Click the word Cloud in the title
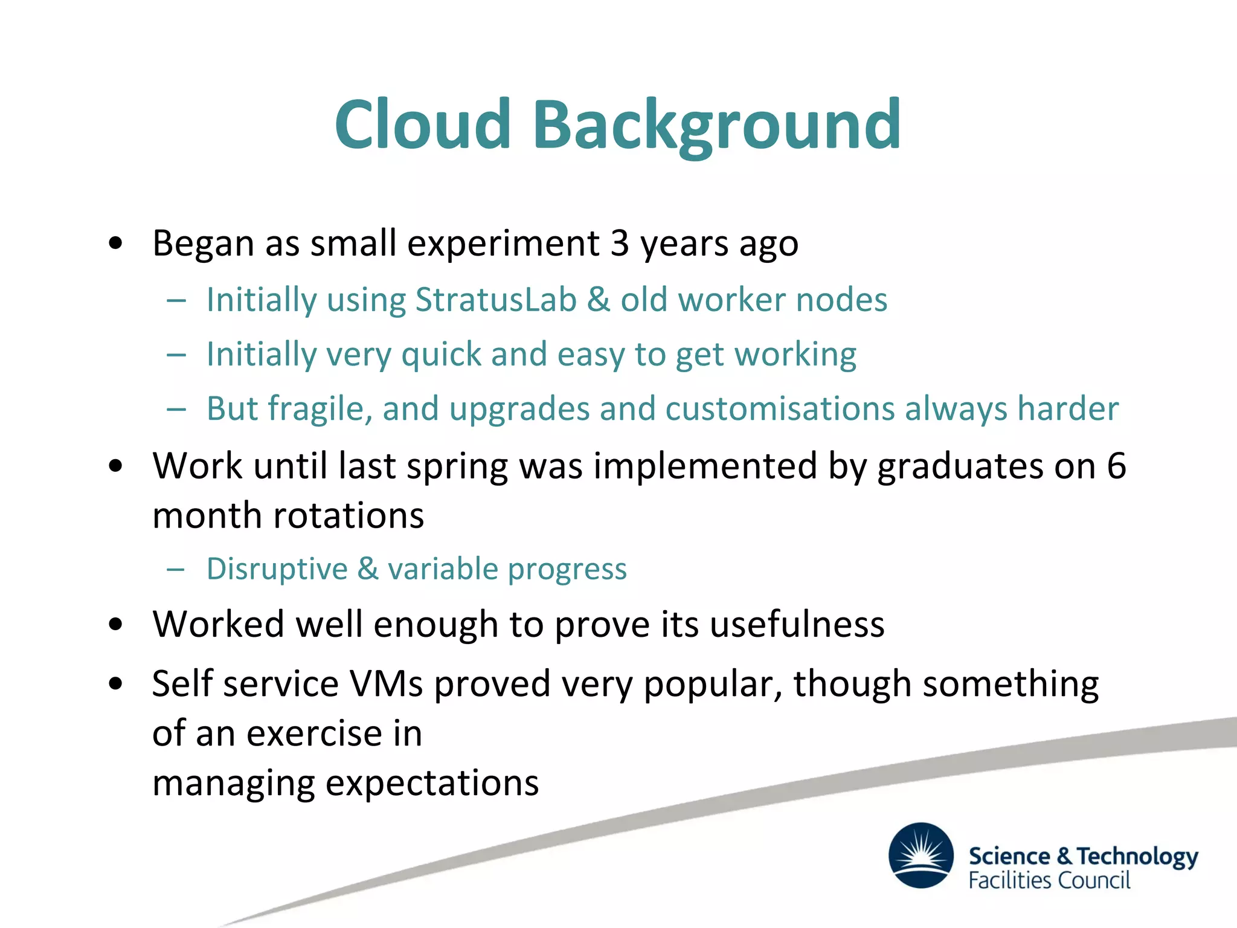(x=423, y=125)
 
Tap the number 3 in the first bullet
(x=620, y=243)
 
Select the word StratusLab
(x=496, y=300)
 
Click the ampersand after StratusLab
(x=599, y=300)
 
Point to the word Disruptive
(x=277, y=569)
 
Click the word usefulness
(x=797, y=624)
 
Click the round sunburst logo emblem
(x=921, y=855)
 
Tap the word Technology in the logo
(x=1137, y=857)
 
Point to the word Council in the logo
(x=1094, y=881)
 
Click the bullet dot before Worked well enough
(x=116, y=625)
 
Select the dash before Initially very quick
(x=176, y=355)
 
